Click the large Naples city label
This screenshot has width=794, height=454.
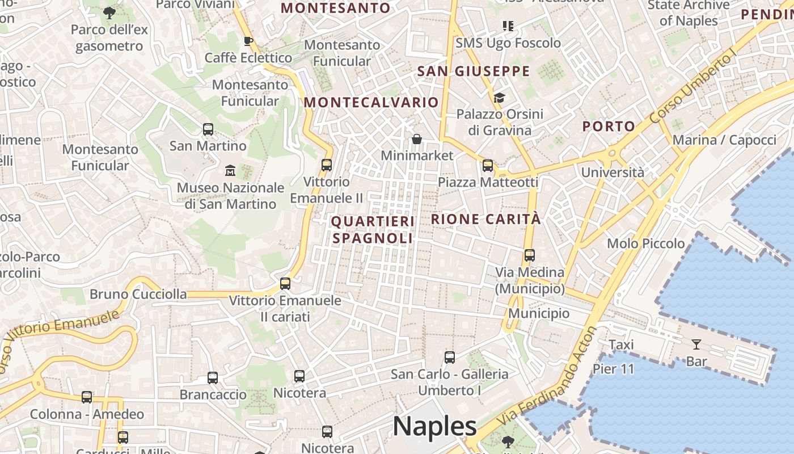[434, 426]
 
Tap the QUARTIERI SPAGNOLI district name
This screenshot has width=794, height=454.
[373, 229]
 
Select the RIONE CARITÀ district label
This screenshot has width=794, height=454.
[486, 219]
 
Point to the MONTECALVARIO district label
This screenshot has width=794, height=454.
[371, 102]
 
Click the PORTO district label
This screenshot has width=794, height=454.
[609, 126]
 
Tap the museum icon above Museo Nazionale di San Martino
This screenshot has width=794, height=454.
[230, 170]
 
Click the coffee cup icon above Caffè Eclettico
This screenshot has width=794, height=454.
[248, 41]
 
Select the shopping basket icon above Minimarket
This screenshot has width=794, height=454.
[417, 139]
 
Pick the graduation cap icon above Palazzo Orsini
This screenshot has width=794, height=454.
[499, 98]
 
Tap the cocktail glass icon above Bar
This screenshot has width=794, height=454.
[696, 344]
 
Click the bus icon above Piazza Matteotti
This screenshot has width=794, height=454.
[487, 166]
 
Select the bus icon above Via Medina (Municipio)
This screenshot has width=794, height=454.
[529, 255]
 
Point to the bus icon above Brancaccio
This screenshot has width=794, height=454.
[213, 377]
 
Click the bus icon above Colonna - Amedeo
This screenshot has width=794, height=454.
[87, 397]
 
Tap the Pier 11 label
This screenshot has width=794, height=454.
[613, 369]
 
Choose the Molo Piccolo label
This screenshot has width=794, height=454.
[645, 243]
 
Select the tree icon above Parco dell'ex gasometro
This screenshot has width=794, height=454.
[109, 12]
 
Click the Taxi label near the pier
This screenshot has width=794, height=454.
[620, 344]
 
